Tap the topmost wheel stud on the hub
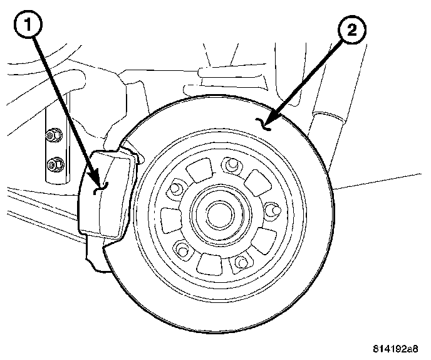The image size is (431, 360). [231, 165]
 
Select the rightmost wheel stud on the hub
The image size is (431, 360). [272, 209]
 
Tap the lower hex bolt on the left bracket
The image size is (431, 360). [55, 164]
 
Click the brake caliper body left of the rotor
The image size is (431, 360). [106, 194]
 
